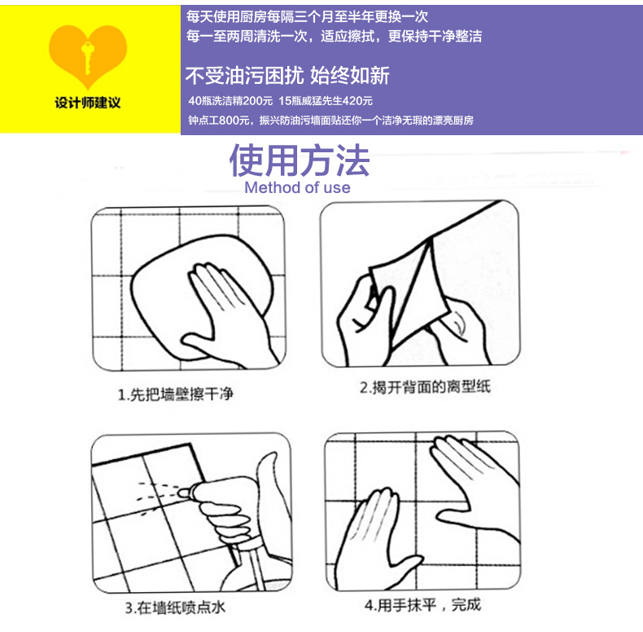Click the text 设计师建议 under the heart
87,104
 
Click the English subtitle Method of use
298,188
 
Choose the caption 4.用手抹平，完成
423,605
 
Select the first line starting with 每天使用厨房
308,16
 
